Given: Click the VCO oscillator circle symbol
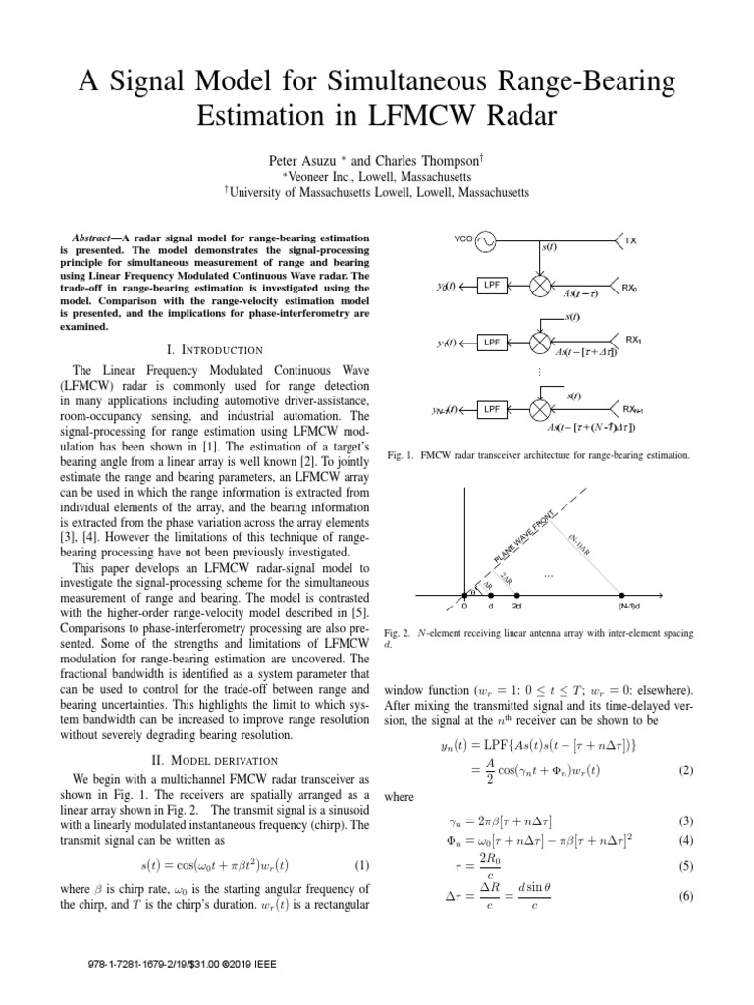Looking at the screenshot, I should click(x=485, y=240).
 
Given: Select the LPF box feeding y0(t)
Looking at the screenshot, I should click(x=491, y=288).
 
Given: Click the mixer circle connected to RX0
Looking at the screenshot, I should click(x=541, y=288).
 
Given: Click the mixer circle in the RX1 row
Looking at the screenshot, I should click(x=541, y=343).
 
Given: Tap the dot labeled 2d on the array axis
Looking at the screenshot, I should click(x=516, y=595).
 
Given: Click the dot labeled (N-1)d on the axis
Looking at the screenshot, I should click(x=624, y=595).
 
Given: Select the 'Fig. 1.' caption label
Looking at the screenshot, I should click(x=400, y=455).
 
